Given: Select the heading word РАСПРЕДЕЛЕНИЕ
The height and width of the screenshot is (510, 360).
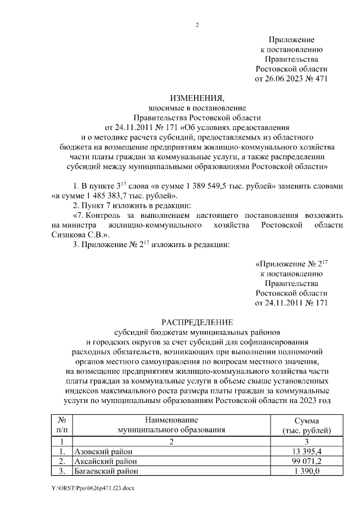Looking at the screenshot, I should pos(197,322).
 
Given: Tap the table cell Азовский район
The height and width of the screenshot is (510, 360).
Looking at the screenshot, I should pos(105,451).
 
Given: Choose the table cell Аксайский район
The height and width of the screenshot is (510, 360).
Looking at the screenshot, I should pos(106,461).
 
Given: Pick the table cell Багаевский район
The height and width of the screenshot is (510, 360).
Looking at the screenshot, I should pos(107,471).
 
